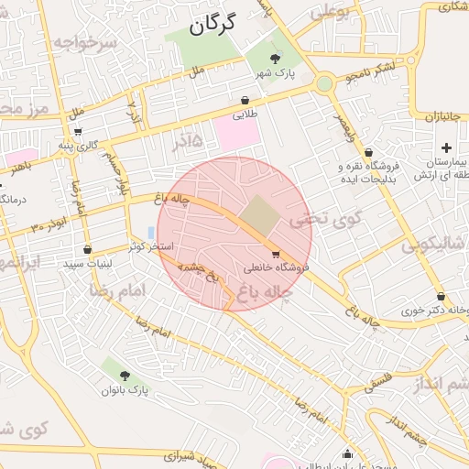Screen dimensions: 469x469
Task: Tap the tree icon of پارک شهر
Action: coord(263,60)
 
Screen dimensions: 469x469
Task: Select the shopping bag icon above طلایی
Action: coord(245,100)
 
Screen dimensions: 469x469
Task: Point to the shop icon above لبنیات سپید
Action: coord(87,249)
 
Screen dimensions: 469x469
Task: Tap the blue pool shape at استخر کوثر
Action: coord(150,233)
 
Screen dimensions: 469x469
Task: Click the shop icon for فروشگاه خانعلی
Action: coord(276,252)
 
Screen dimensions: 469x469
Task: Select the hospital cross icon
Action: coord(446,147)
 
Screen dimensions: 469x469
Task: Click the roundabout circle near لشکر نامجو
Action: coord(323,84)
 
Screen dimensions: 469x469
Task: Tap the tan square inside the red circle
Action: coord(262,213)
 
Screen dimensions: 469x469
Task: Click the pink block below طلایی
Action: coord(237,135)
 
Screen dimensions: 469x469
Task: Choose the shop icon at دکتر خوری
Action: coord(442,296)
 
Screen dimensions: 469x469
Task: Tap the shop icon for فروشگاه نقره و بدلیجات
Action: coord(368,153)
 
